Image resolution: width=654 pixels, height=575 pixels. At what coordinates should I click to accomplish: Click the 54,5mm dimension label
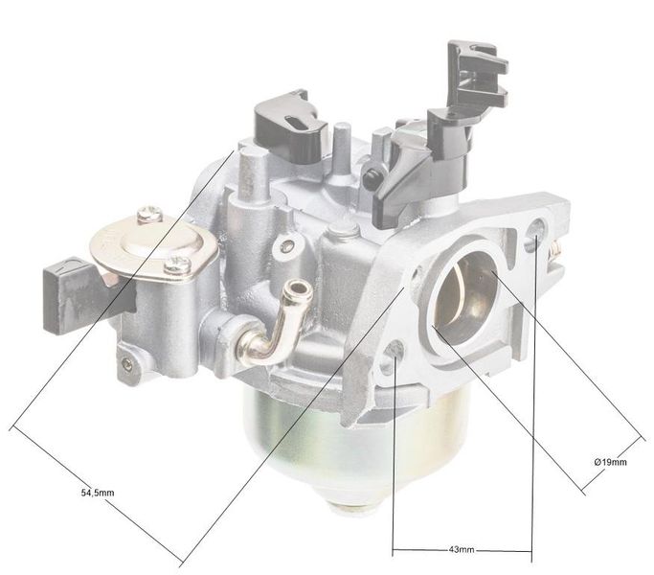(97, 493)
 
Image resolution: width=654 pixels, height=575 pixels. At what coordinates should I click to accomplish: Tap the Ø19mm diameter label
(610, 463)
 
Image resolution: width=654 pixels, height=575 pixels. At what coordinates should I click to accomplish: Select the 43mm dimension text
(462, 551)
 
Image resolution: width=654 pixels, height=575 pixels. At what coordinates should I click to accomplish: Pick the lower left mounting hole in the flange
(394, 365)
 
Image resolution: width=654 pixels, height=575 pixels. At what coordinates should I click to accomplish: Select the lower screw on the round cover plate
(175, 264)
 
